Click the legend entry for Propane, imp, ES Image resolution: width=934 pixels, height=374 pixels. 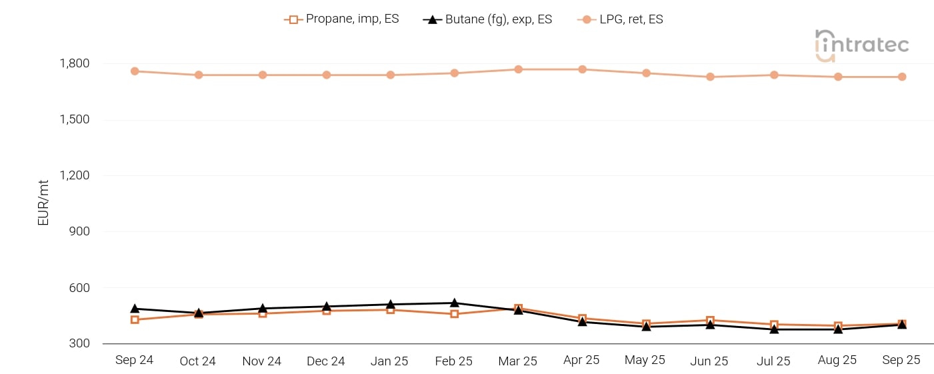(341, 19)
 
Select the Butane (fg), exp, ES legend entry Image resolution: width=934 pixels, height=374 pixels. (487, 19)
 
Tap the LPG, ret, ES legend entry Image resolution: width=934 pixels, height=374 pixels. (620, 19)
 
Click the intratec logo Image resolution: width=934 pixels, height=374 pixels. (861, 45)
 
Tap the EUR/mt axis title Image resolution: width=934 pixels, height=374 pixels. (44, 201)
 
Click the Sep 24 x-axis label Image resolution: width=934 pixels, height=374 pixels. (134, 360)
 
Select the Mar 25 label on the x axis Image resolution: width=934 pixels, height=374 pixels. (517, 361)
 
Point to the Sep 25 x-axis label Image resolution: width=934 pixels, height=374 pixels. (901, 360)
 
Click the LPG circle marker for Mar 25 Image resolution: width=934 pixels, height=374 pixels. (518, 69)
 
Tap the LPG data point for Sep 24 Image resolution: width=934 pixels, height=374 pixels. (135, 71)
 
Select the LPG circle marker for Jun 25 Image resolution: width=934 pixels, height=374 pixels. (710, 77)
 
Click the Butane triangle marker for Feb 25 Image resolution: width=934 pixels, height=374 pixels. (454, 303)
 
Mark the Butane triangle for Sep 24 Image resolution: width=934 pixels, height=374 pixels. (135, 309)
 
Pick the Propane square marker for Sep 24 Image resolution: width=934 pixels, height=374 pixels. (135, 319)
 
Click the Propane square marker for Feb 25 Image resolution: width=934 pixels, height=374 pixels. (454, 313)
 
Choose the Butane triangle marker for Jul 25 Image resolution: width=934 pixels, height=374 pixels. (774, 329)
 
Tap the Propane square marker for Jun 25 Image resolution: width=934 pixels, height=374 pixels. (710, 321)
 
